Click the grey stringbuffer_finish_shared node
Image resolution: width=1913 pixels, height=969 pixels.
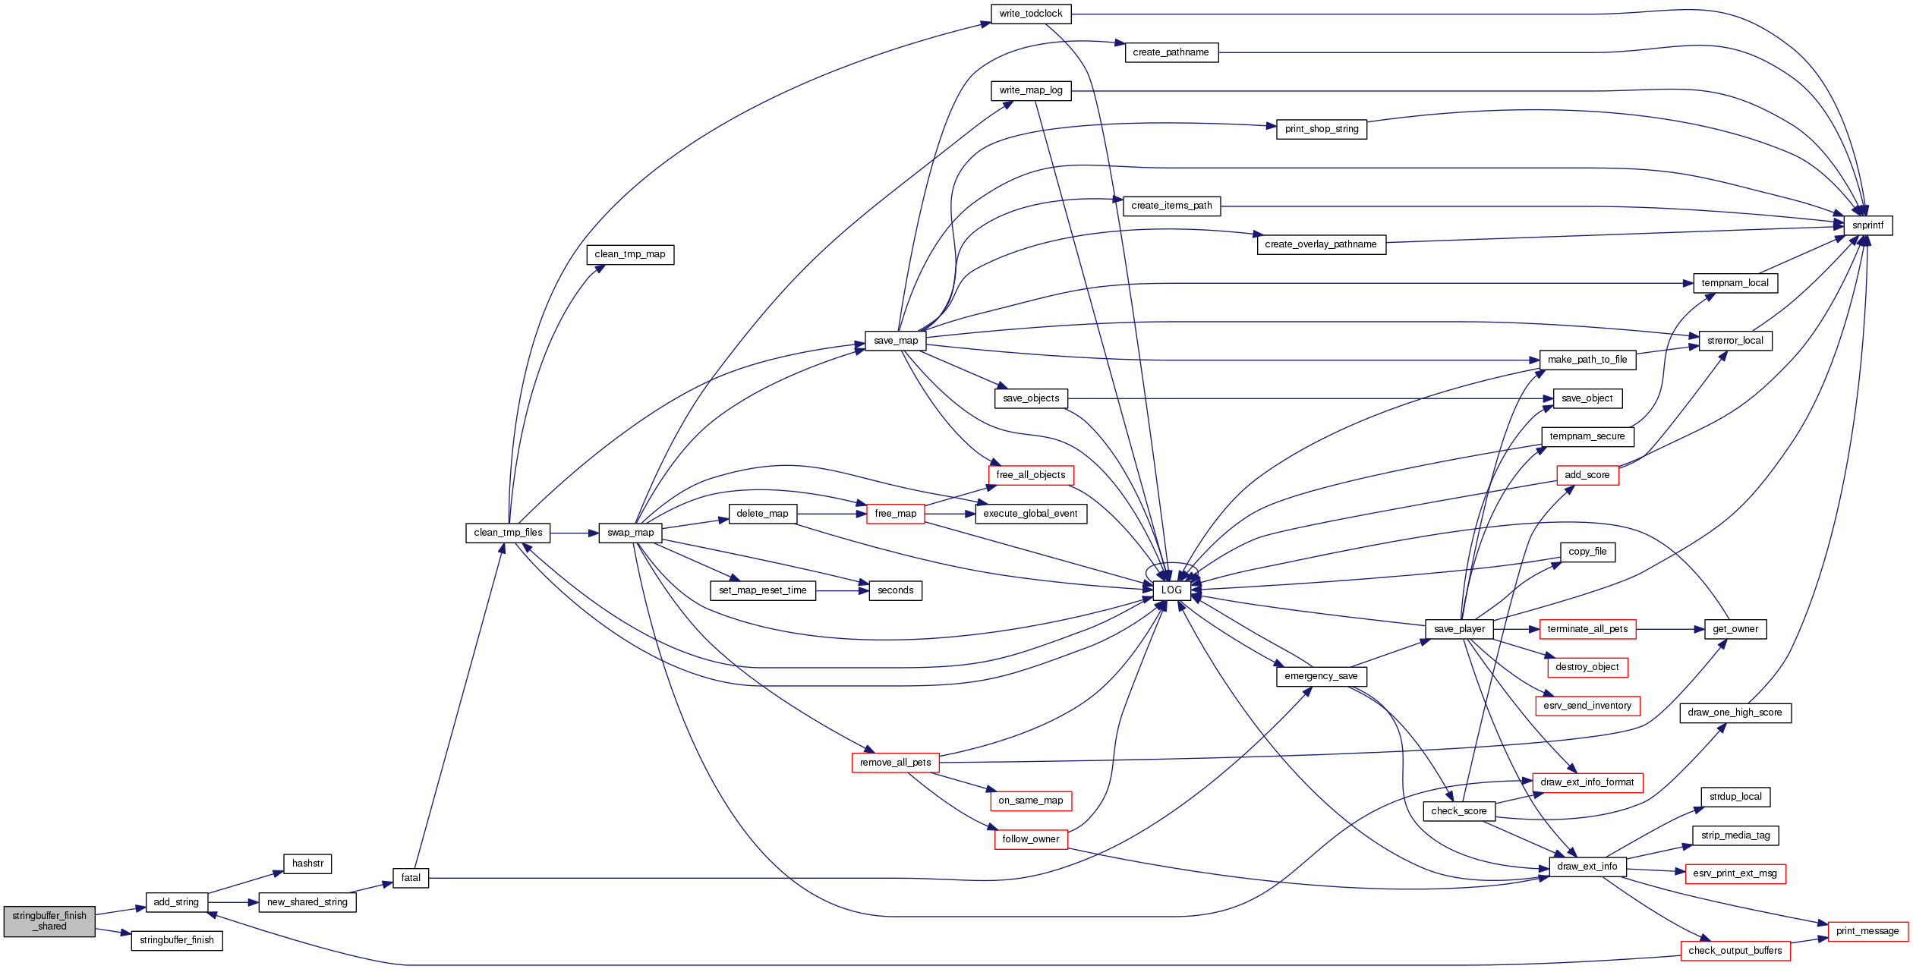coord(49,921)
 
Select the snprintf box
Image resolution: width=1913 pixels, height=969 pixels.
coord(1867,225)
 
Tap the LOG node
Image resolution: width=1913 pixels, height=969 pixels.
coord(1171,590)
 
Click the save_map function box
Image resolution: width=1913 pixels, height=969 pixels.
coord(896,341)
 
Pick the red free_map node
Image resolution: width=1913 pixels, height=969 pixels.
coord(896,514)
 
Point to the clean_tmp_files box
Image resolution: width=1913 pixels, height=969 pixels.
coord(508,533)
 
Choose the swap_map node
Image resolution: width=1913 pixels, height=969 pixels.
coord(630,533)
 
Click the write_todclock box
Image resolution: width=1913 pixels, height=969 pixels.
coord(1031,14)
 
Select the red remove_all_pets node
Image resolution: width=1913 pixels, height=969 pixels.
coord(896,763)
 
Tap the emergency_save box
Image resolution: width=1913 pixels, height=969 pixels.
coord(1321,676)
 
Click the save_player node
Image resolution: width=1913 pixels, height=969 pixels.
coord(1459,629)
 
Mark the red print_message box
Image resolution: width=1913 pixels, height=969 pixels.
coord(1867,931)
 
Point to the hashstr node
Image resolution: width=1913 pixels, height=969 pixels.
coord(307,864)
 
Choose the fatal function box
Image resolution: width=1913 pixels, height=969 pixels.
coord(411,878)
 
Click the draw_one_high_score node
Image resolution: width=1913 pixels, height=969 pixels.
coord(1735,713)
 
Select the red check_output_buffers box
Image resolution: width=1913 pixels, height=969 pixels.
coord(1735,951)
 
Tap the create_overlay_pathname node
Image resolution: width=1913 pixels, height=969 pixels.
coord(1321,244)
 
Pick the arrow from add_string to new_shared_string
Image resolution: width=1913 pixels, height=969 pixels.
coord(233,902)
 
